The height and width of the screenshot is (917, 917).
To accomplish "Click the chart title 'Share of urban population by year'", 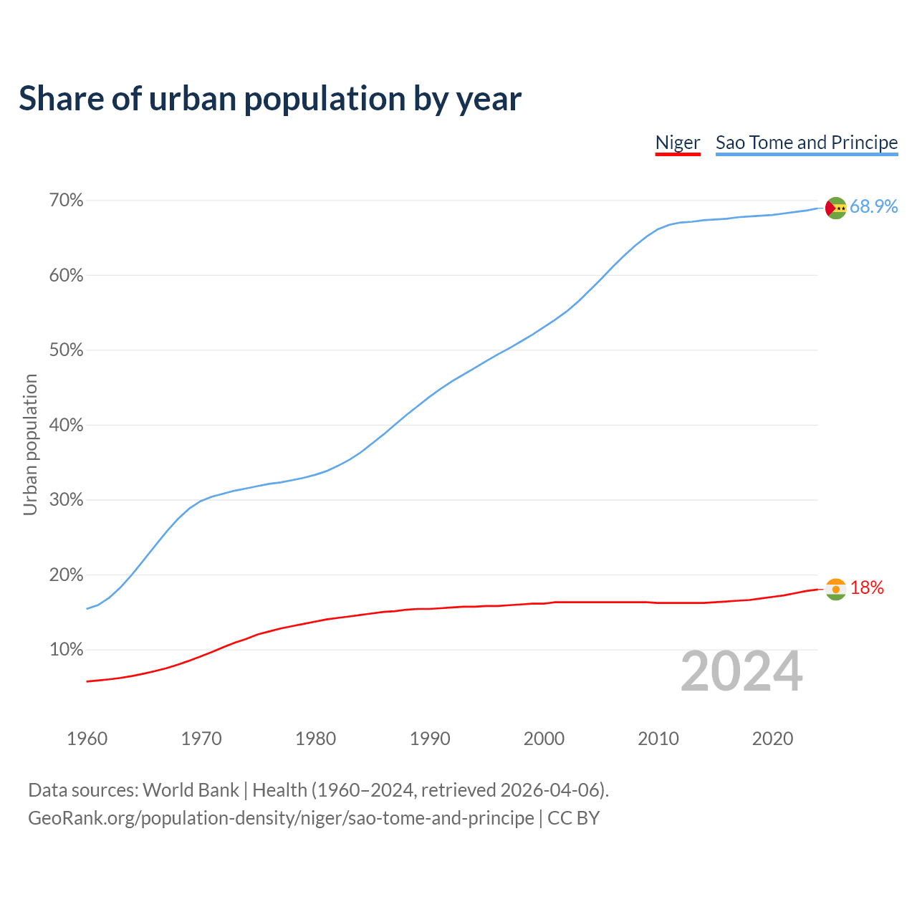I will pos(270,99).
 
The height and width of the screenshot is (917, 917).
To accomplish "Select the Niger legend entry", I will pos(678,143).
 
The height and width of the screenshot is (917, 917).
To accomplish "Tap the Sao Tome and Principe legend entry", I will pos(807,143).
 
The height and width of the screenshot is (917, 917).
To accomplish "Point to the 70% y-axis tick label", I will pos(66,201).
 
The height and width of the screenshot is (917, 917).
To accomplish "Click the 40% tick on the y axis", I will pos(66,426).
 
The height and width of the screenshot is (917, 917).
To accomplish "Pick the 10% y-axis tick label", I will pos(66,650).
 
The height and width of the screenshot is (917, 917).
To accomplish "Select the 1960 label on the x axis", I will pos(87,739).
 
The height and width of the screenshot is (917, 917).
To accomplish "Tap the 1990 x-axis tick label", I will pos(430,739).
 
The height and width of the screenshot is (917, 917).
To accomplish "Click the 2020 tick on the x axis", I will pos(772,739).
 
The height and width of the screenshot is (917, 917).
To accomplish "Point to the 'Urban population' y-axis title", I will pos(30,444).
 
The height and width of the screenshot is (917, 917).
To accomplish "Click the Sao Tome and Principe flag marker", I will pos(836,208).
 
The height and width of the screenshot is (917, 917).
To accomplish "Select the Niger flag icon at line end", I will pos(836,589).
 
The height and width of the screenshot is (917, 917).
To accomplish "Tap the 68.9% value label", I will pos(874,207).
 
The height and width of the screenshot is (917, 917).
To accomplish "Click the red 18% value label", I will pos(867,588).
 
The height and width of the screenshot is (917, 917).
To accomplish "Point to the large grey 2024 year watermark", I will pos(741,671).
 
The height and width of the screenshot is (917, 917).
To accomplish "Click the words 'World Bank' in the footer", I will pos(191,790).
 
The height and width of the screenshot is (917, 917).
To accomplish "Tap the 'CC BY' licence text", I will pos(573,818).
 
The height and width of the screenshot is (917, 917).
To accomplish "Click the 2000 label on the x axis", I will pos(544,739).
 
